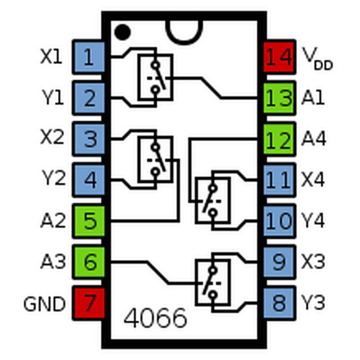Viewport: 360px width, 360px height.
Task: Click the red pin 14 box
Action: click(280, 57)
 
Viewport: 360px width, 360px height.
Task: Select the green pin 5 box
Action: click(90, 220)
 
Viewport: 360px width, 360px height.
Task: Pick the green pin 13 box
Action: click(280, 97)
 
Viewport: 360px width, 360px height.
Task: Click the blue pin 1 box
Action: click(90, 57)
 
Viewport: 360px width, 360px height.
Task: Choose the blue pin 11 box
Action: click(280, 179)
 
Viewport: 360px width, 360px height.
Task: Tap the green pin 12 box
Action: click(280, 138)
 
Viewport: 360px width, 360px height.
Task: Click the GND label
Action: click(44, 304)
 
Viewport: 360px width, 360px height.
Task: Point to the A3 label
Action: click(52, 262)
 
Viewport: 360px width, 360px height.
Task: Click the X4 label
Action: click(313, 179)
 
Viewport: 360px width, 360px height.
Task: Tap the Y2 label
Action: click(53, 179)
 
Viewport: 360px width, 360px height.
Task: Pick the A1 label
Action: click(313, 97)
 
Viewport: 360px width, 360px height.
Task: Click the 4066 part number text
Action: click(155, 318)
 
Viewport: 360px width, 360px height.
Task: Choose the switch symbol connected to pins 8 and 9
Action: click(213, 282)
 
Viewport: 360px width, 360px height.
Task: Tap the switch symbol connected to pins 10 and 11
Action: click(213, 200)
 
